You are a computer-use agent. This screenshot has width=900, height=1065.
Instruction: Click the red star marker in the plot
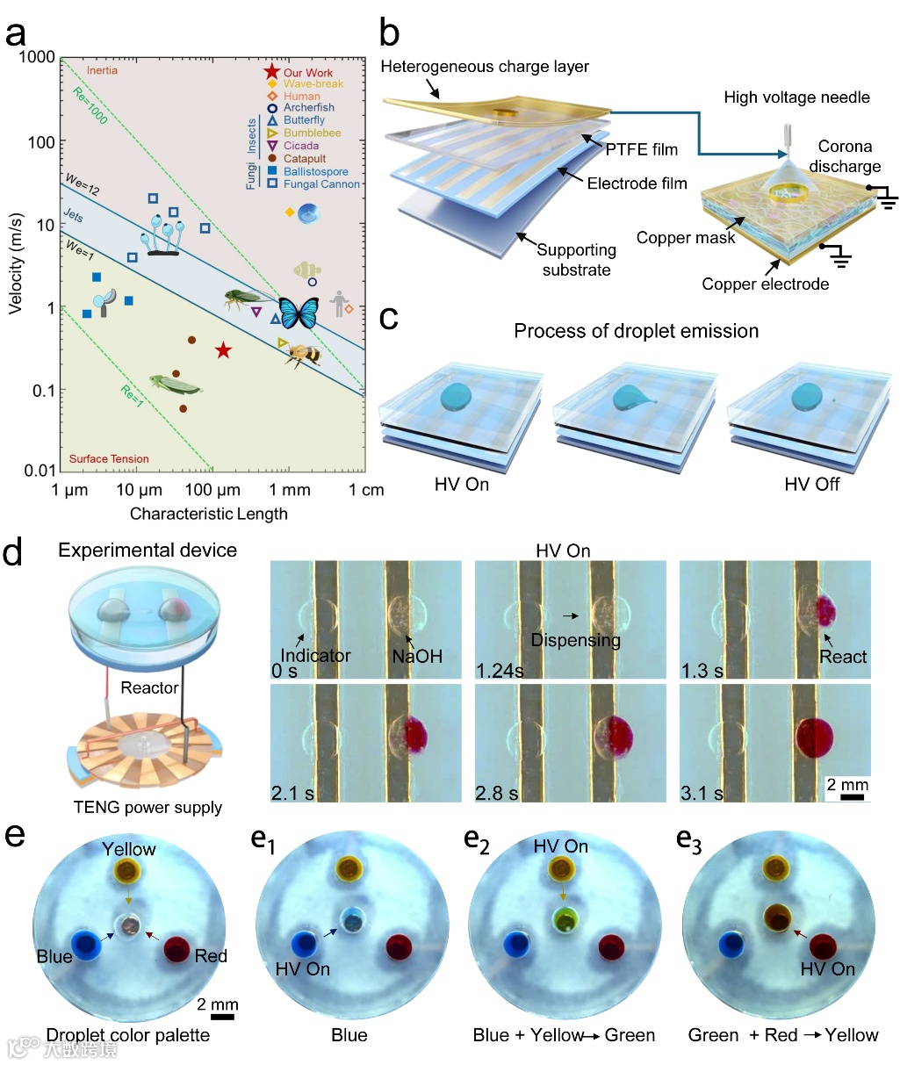223,350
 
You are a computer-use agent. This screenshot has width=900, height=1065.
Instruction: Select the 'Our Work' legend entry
307,73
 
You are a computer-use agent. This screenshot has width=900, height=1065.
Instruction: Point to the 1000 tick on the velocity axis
37,58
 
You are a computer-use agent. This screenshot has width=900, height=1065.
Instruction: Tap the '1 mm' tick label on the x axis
290,490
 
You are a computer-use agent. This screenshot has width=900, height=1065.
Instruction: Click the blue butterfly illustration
298,312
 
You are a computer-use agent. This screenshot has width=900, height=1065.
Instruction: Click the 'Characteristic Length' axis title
208,514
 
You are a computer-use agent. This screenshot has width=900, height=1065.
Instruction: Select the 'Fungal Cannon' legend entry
321,184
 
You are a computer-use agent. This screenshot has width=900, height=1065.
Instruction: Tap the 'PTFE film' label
642,149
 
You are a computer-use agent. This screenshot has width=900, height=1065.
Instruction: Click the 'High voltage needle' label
796,97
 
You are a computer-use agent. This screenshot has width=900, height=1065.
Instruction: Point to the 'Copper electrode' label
765,284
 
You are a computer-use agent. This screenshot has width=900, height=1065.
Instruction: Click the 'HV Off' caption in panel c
811,485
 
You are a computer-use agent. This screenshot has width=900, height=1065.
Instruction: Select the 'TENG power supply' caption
148,807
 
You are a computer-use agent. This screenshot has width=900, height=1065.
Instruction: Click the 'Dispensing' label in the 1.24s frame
575,640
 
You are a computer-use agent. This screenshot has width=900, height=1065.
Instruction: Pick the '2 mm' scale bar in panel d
848,789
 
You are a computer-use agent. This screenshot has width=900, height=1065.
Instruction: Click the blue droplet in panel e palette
85,945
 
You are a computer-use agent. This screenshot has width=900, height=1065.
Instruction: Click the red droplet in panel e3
823,946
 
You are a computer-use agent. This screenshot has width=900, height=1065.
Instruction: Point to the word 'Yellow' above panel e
128,849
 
